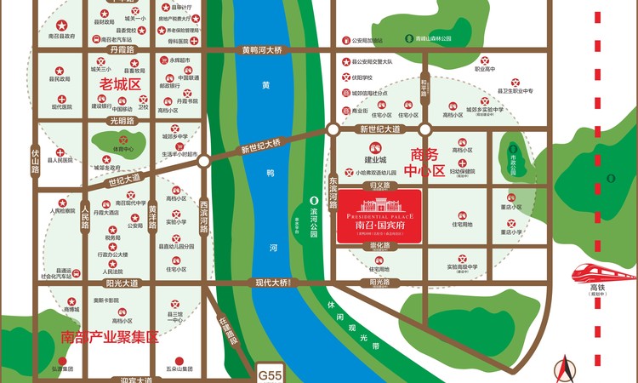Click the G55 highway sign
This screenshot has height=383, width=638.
click(x=269, y=372)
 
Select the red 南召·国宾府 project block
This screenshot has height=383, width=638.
click(x=380, y=218)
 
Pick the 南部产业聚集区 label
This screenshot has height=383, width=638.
click(x=111, y=336)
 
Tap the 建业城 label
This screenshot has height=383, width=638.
click(x=375, y=158)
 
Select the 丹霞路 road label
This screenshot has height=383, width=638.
click(x=122, y=50)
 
